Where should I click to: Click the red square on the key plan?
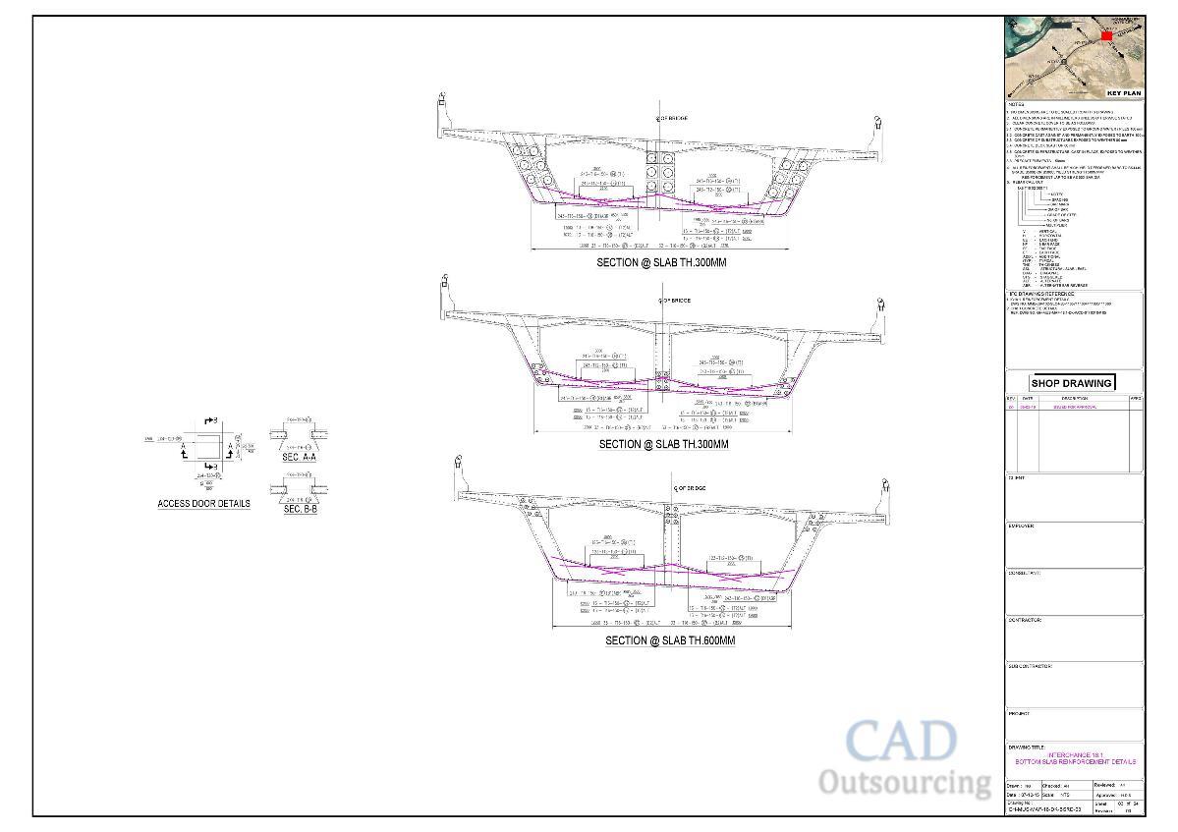click(x=1106, y=36)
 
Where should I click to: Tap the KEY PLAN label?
click(x=1124, y=93)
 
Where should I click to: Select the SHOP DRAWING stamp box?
click(x=1072, y=383)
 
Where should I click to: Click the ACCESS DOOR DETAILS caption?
click(x=203, y=504)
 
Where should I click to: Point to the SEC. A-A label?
click(x=299, y=458)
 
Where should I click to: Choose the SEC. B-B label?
click(x=300, y=509)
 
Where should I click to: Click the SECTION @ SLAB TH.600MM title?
click(x=670, y=640)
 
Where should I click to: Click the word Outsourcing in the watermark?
click(x=905, y=783)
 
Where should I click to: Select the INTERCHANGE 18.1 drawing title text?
click(x=1075, y=754)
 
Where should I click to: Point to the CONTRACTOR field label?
click(x=1026, y=620)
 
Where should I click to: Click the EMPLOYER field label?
click(x=1022, y=527)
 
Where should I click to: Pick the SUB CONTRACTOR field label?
click(x=1031, y=666)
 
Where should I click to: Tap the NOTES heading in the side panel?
click(x=1016, y=105)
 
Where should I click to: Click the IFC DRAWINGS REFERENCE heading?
click(x=1041, y=294)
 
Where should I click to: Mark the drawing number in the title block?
click(x=1044, y=809)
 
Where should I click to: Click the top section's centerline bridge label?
click(x=672, y=119)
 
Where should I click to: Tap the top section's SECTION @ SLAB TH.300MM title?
click(x=662, y=263)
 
